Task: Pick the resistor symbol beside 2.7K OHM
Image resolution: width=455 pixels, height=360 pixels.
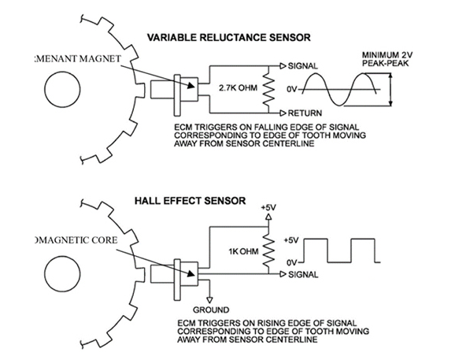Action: coord(269,89)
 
